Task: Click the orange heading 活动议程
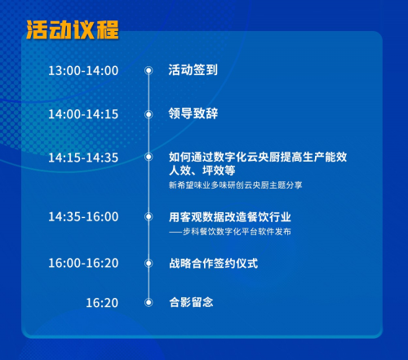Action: (x=73, y=29)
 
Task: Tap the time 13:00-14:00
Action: (x=83, y=71)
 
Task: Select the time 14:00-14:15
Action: (x=83, y=114)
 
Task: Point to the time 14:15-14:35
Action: (x=83, y=158)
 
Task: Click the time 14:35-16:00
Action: (x=83, y=216)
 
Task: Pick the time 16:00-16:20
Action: (x=83, y=263)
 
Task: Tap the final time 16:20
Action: (x=102, y=303)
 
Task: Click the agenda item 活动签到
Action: (x=193, y=70)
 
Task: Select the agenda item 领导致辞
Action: (x=193, y=113)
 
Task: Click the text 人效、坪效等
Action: (x=202, y=171)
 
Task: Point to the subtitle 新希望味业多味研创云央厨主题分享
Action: (x=235, y=185)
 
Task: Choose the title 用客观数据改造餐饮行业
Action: (x=230, y=217)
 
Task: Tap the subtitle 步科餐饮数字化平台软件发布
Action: (x=237, y=232)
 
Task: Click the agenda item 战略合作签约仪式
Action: (x=213, y=263)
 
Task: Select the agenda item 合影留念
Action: (x=191, y=302)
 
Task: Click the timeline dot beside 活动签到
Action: (x=149, y=70)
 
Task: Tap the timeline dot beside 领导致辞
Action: (x=149, y=114)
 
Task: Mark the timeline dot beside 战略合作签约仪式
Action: (x=149, y=263)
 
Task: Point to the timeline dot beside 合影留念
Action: (x=149, y=302)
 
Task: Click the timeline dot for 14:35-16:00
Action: (x=149, y=216)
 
